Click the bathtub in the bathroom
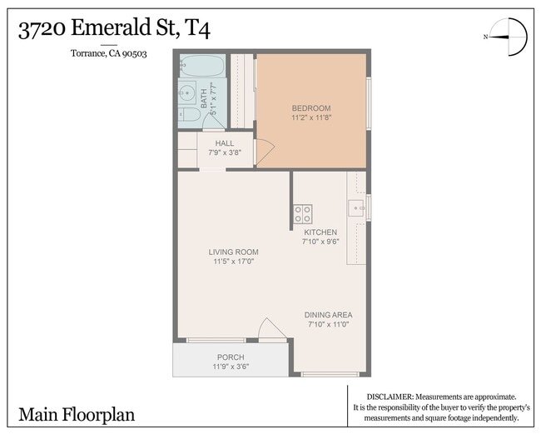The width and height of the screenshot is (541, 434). (x=201, y=66)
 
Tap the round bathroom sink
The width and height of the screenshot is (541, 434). (x=187, y=92)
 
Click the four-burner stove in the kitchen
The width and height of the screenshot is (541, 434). (x=302, y=213)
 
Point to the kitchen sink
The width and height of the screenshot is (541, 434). (x=357, y=207)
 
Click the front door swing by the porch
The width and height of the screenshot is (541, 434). (x=271, y=330)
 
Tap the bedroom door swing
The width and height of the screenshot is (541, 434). (x=263, y=152)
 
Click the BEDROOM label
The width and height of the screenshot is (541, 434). (x=311, y=108)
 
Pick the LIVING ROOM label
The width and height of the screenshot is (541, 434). (x=233, y=252)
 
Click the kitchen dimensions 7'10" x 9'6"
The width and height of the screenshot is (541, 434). (x=320, y=242)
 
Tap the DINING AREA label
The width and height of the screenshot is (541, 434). (x=330, y=315)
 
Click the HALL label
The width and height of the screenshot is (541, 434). (x=225, y=143)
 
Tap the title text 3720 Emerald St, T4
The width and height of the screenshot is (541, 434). (x=114, y=29)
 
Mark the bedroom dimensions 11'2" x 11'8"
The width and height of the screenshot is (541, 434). (x=311, y=118)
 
